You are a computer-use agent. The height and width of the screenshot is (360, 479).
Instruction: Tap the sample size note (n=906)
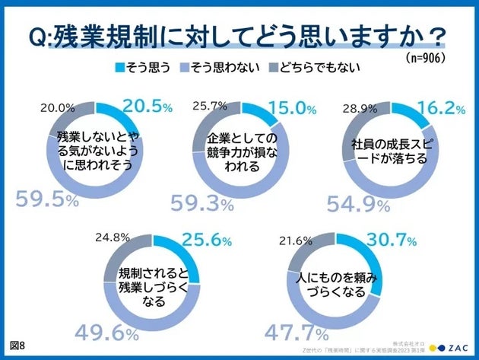pyautogui.click(x=425, y=59)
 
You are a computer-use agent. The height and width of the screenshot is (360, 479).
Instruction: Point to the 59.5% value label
pyautogui.click(x=46, y=201)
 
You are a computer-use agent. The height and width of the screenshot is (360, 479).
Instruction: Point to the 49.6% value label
pyautogui.click(x=106, y=333)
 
